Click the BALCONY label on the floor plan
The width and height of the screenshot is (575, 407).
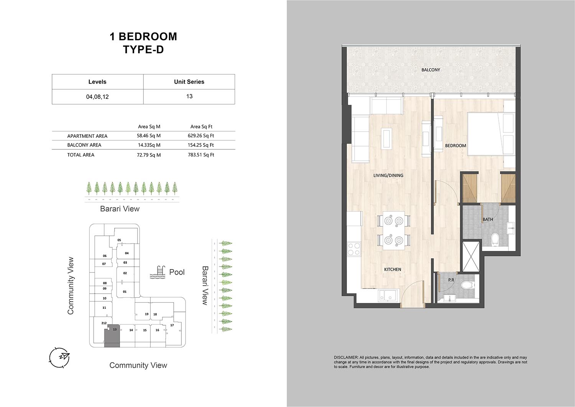point(430,70)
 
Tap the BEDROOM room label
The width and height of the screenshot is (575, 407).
point(455,146)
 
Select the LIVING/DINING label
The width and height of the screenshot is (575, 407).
point(388,175)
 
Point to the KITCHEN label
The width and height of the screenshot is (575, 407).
point(393,269)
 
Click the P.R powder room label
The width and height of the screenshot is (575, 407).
point(451,280)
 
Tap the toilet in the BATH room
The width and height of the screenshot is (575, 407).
point(495,239)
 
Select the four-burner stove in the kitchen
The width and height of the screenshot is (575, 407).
point(354,249)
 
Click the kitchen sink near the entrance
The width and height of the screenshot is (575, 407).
point(388,295)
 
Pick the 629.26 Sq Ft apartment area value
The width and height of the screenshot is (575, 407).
point(201,136)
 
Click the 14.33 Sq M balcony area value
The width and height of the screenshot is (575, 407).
point(149,145)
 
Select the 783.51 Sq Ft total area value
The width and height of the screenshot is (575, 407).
point(201,155)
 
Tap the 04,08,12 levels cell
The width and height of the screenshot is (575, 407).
point(97,97)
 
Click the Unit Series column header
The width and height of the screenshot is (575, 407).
point(189,82)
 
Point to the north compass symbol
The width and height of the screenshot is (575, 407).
point(59,358)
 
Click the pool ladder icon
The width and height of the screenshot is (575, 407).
point(157,272)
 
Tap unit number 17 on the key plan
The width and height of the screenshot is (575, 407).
point(172,325)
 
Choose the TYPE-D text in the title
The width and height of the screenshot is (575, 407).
point(143,49)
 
